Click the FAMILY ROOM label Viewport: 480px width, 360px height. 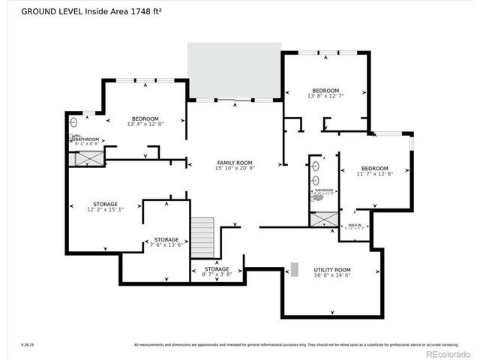pyautogui.click(x=234, y=163)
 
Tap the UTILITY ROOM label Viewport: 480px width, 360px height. pyautogui.click(x=332, y=270)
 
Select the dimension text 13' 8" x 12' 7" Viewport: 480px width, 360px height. pyautogui.click(x=325, y=96)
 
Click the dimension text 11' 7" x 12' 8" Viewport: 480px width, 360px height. pyautogui.click(x=374, y=174)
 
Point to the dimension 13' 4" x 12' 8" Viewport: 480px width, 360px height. pyautogui.click(x=145, y=124)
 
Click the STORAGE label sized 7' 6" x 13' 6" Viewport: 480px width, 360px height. pyautogui.click(x=166, y=239)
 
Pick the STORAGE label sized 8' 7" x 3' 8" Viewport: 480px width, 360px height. pyautogui.click(x=217, y=268)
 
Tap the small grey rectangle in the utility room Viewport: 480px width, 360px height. pyautogui.click(x=295, y=268)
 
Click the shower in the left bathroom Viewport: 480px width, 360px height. pyautogui.click(x=89, y=158)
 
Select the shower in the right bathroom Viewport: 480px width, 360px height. pyautogui.click(x=324, y=219)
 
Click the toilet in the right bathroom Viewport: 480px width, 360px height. pyautogui.click(x=317, y=198)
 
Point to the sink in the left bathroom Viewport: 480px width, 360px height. pyautogui.click(x=73, y=121)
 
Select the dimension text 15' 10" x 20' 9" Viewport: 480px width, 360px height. pyautogui.click(x=234, y=169)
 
